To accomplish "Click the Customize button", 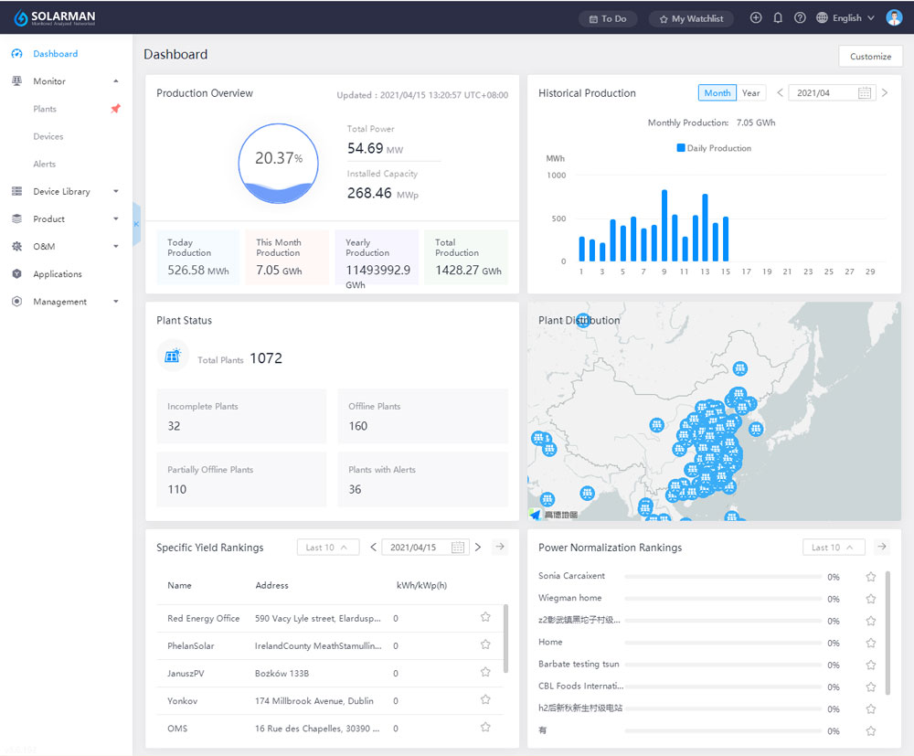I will click(870, 56).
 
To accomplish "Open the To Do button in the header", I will click(608, 18).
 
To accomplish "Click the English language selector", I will click(845, 18).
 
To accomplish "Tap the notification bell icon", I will click(778, 18).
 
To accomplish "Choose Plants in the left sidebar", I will click(45, 109).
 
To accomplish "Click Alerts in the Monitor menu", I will click(45, 164).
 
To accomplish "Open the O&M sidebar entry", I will click(44, 246).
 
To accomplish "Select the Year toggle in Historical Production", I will click(750, 93).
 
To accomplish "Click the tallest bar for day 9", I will click(664, 226).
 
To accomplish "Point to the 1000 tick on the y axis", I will click(556, 175).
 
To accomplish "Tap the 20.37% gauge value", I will click(278, 158).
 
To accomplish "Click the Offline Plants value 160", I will click(357, 426).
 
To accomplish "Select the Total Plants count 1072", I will click(266, 358).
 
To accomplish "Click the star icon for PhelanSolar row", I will click(485, 644).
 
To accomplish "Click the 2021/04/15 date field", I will click(414, 548).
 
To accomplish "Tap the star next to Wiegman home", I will click(871, 599).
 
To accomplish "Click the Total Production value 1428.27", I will click(457, 271).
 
